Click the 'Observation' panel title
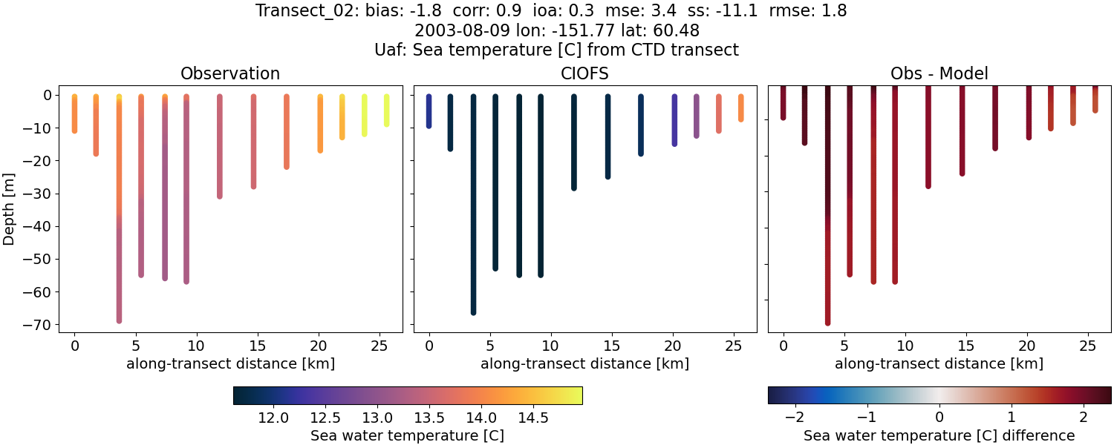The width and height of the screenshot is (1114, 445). tap(230, 74)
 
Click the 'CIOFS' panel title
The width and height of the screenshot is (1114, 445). tap(584, 74)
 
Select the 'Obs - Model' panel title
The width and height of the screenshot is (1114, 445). tap(939, 74)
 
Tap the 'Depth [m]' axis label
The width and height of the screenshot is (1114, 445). tap(10, 208)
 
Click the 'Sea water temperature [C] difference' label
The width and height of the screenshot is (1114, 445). tap(939, 435)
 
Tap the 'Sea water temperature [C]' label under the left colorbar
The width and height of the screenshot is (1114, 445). tap(407, 435)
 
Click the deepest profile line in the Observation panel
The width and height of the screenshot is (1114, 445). tap(119, 222)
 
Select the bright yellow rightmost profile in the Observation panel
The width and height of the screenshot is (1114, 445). tap(386, 110)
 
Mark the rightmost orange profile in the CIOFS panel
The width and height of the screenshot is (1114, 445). tap(741, 108)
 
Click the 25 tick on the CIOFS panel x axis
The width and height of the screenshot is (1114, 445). tap(734, 345)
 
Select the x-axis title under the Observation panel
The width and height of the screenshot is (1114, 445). tap(230, 364)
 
